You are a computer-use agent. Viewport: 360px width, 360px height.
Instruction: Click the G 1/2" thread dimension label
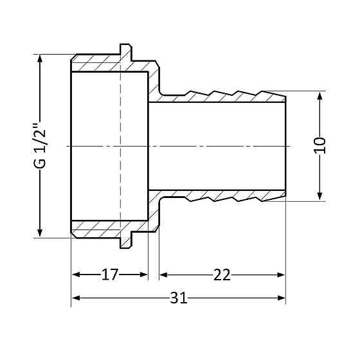tap(40, 146)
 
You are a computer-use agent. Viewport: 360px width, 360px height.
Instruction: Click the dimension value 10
tap(321, 145)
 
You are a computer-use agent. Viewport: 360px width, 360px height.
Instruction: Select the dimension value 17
tap(110, 275)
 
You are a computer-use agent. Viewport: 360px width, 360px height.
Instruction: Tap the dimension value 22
tap(222, 275)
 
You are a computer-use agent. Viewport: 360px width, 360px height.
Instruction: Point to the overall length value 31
tap(179, 298)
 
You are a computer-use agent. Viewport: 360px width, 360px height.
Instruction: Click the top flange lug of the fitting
tap(126, 49)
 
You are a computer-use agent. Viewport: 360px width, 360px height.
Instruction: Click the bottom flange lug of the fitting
tap(126, 243)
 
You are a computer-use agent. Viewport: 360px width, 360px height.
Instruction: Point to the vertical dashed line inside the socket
tap(120, 146)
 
